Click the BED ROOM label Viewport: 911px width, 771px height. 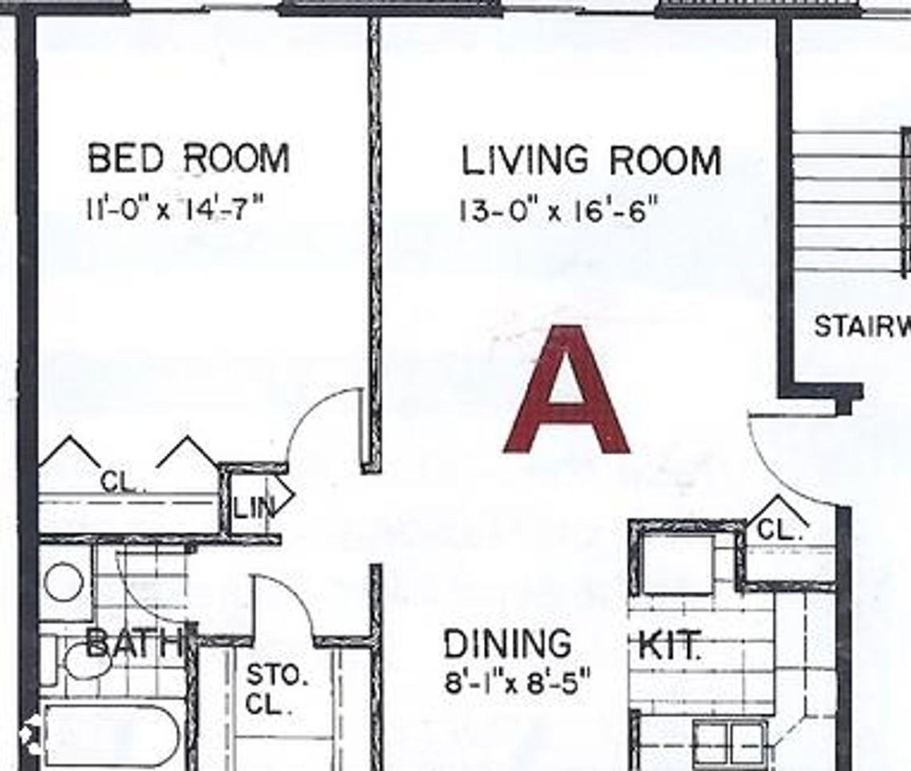(188, 158)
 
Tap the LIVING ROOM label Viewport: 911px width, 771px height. (591, 161)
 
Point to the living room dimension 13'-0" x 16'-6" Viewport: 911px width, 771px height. (559, 211)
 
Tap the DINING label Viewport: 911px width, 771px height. (507, 644)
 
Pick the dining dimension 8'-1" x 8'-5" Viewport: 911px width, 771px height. (518, 684)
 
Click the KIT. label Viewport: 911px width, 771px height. (669, 645)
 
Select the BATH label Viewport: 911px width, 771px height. (132, 643)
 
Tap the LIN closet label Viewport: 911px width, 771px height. (254, 507)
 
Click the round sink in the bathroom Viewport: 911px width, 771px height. (63, 581)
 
